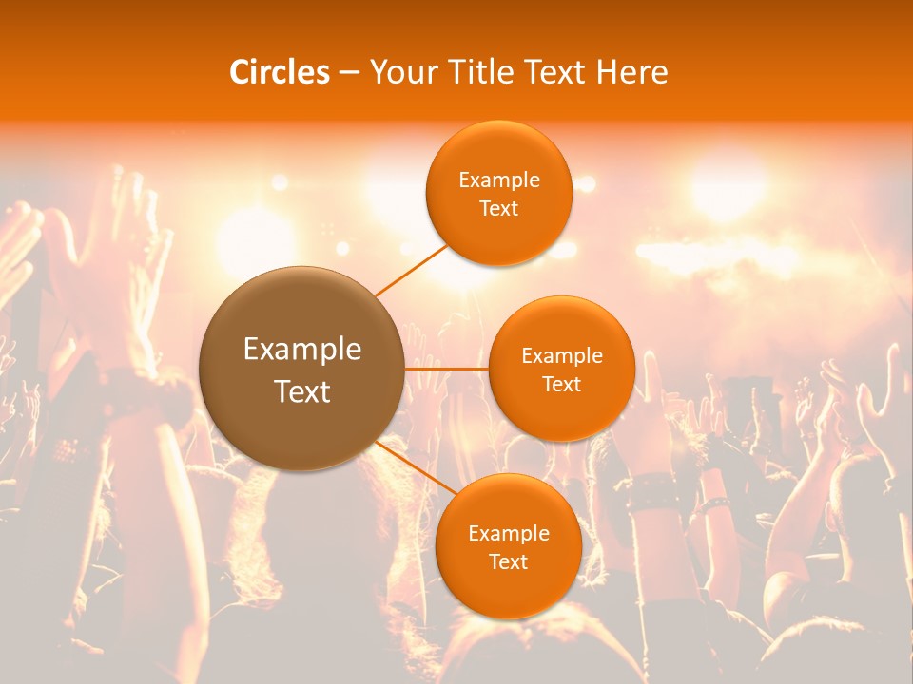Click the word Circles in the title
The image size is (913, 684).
click(x=280, y=72)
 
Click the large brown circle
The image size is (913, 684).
click(x=301, y=369)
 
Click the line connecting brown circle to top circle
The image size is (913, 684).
click(x=411, y=269)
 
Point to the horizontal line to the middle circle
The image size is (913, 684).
click(x=446, y=368)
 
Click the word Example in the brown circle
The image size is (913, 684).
click(x=302, y=350)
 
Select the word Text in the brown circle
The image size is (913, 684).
click(x=302, y=391)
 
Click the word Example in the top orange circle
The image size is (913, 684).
click(x=498, y=180)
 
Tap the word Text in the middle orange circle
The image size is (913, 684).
click(x=561, y=385)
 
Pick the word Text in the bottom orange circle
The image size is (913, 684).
click(x=508, y=561)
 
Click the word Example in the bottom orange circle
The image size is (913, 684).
click(x=508, y=534)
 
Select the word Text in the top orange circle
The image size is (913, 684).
click(x=498, y=209)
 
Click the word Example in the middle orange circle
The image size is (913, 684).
click(x=561, y=356)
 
